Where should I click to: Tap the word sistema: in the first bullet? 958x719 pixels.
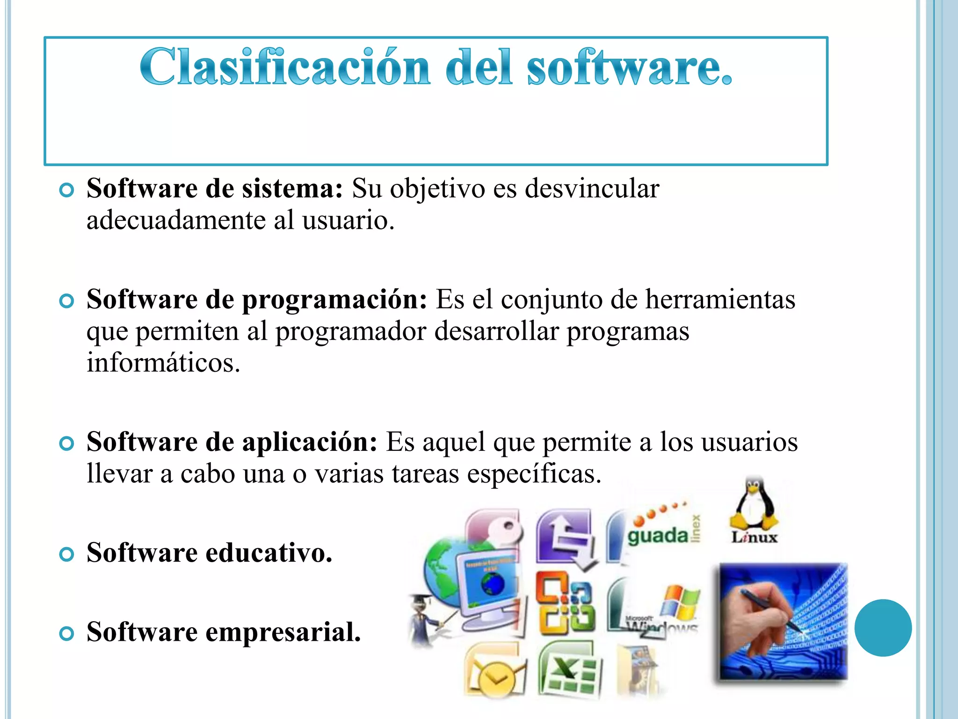click(x=292, y=189)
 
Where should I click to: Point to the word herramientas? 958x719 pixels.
click(x=720, y=300)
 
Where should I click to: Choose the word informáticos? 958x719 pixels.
click(x=163, y=363)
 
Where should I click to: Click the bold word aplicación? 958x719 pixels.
click(x=309, y=442)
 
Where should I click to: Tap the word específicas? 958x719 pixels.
click(x=534, y=474)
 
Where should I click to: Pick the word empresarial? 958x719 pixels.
click(x=283, y=632)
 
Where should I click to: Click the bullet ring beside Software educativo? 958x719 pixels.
click(x=67, y=554)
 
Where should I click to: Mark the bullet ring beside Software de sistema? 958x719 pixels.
click(x=67, y=191)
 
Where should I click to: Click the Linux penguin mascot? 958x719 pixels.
click(x=754, y=503)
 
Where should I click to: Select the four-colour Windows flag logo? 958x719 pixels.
click(x=681, y=602)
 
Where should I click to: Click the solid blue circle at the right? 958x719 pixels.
click(x=883, y=628)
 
